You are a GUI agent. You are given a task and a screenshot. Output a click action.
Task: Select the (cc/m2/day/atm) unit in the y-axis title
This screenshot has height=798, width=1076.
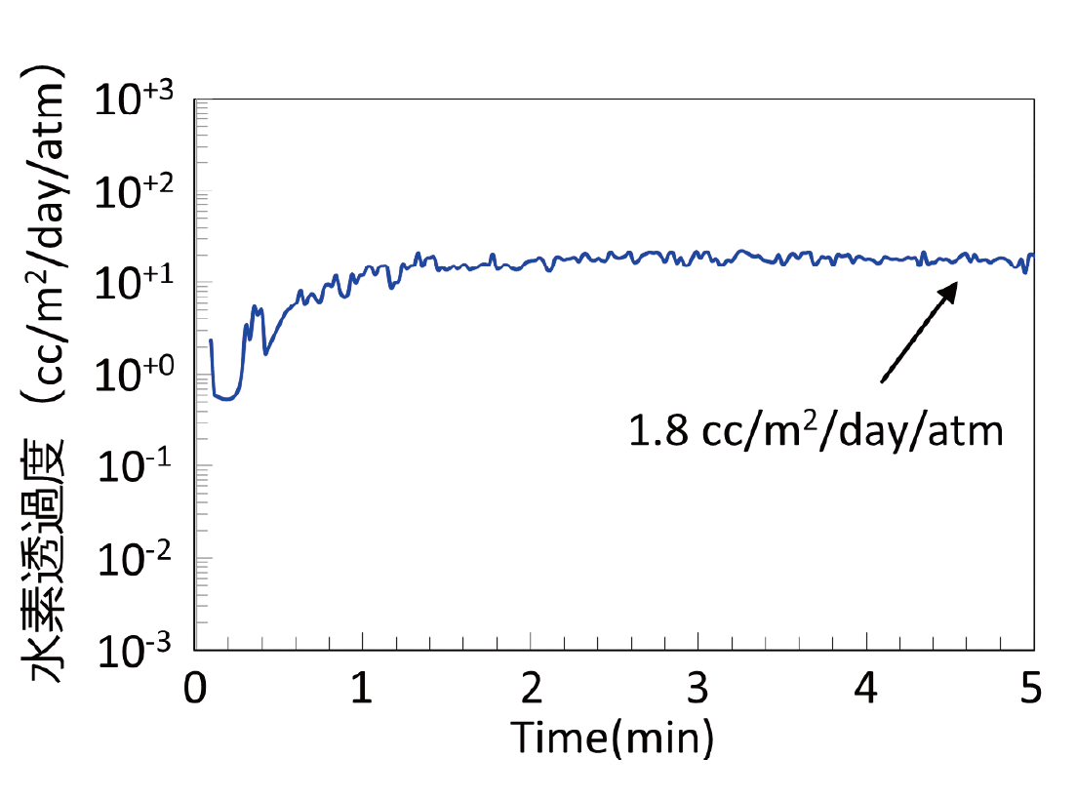44,234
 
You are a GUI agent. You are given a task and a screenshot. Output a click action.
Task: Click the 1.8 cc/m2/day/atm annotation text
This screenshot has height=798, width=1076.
816,429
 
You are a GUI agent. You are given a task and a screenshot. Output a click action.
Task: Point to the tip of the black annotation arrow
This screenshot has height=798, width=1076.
957,283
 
